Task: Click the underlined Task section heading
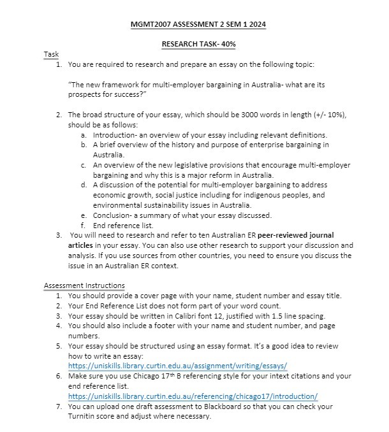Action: point(50,54)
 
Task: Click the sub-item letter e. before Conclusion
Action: point(84,215)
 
